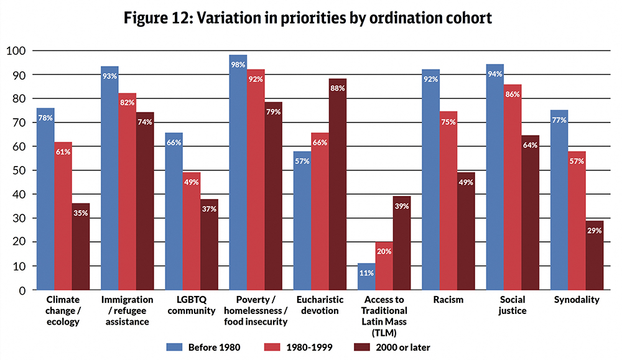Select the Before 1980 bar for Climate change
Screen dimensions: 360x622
pyautogui.click(x=45, y=199)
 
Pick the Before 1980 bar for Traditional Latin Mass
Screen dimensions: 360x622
pyautogui.click(x=366, y=277)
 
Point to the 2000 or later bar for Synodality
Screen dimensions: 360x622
pyautogui.click(x=594, y=255)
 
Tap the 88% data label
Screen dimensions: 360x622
pyautogui.click(x=338, y=88)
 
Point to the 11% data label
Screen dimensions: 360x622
pyautogui.click(x=366, y=272)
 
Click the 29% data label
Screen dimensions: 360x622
pyautogui.click(x=594, y=231)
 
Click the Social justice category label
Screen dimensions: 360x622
pyautogui.click(x=513, y=305)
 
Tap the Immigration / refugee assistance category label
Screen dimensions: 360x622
pyautogui.click(x=126, y=310)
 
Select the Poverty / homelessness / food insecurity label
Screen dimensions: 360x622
pyautogui.click(x=256, y=310)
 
